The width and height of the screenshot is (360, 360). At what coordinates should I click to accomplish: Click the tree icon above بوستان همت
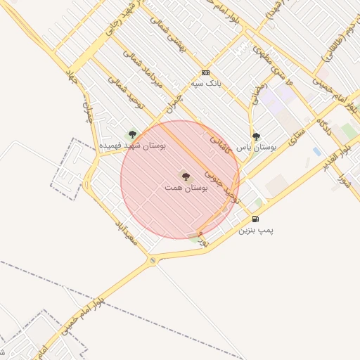pos(186,176)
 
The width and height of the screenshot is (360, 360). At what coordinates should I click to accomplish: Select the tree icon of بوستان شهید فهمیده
pos(131,135)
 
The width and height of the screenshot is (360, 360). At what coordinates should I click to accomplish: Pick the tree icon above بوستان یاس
pos(256,136)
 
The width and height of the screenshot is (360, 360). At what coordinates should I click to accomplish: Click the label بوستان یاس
pos(256,147)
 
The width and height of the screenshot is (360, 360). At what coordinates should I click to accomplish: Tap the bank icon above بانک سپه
pos(205,72)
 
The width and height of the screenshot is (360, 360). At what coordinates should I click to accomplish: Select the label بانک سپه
pos(205,82)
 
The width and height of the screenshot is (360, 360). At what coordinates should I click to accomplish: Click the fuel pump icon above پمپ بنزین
pos(255,219)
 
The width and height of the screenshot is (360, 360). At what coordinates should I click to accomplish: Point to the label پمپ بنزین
pos(255,229)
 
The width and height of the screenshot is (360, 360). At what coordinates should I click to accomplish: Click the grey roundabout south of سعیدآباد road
pos(153,262)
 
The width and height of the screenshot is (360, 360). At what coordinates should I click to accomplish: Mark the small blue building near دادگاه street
pos(317,151)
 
